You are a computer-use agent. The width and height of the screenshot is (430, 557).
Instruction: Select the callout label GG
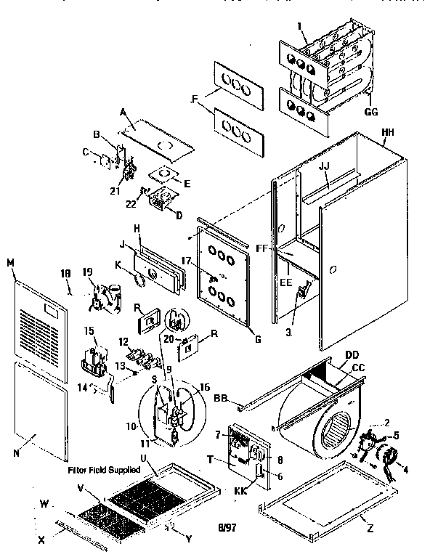point(371,113)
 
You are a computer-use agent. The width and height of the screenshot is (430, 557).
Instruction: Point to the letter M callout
point(10,261)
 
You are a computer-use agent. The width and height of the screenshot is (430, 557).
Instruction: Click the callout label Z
point(370,529)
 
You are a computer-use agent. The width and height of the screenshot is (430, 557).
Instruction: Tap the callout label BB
point(222,398)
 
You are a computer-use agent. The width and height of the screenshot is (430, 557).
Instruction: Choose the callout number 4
point(405,470)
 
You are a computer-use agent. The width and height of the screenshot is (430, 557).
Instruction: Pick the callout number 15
point(89,331)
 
